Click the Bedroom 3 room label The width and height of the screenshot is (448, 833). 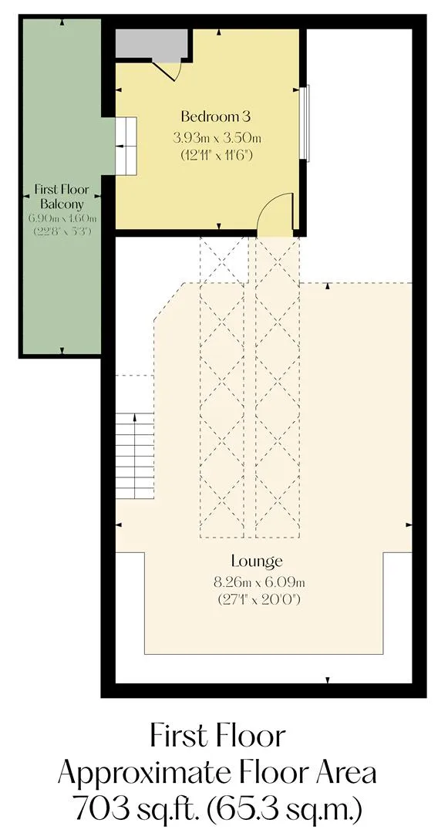pos(215,116)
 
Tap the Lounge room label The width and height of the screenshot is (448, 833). pos(256,561)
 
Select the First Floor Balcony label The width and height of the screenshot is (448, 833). pos(62,196)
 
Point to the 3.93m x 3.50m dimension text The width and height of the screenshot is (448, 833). pos(217,139)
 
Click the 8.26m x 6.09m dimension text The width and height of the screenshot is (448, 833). pos(259,583)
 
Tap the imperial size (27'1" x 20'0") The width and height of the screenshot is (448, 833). pos(260,600)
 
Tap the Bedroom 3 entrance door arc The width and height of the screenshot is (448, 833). pos(271,207)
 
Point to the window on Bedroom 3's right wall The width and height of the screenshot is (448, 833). pos(305,122)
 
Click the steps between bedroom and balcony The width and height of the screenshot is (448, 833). pos(126,146)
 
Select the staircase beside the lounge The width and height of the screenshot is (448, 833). pos(135,455)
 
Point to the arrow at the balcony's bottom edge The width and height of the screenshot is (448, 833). pos(62,351)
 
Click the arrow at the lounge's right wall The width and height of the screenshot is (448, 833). pos(409,525)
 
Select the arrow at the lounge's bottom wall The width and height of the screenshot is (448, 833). pos(328,680)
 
